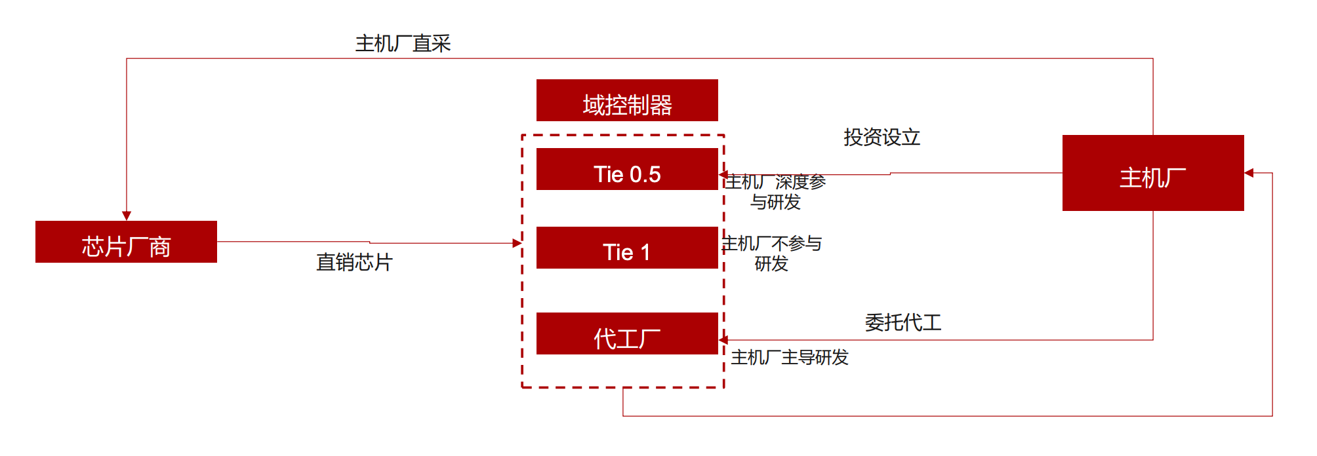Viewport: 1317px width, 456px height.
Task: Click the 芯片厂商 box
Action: [x=126, y=242]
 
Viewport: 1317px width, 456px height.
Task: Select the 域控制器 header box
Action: [x=627, y=100]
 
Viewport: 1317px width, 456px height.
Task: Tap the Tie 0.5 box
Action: [x=627, y=169]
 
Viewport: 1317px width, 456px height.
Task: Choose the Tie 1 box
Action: [x=627, y=248]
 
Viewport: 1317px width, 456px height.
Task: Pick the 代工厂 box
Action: [x=627, y=333]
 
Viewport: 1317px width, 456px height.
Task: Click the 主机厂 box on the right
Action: [x=1152, y=173]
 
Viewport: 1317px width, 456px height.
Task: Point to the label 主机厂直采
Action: [x=403, y=43]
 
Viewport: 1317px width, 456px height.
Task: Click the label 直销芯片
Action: [x=354, y=262]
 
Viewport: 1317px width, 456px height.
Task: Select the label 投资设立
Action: [x=881, y=137]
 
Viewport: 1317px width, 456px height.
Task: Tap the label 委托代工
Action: [x=902, y=322]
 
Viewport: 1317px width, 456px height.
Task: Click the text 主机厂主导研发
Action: [x=790, y=357]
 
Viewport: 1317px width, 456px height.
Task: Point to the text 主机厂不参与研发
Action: [x=772, y=253]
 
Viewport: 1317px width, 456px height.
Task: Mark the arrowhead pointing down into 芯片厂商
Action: [x=127, y=216]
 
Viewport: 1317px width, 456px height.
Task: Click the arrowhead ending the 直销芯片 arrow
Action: [x=517, y=243]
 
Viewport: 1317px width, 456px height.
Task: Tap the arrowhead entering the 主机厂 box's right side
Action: [x=1249, y=173]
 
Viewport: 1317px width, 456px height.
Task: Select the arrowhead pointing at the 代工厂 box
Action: [x=723, y=340]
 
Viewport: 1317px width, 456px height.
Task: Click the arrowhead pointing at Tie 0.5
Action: [x=723, y=175]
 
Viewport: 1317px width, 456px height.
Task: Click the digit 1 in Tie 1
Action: [x=645, y=252]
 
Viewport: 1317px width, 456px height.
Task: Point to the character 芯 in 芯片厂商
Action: [x=92, y=247]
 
